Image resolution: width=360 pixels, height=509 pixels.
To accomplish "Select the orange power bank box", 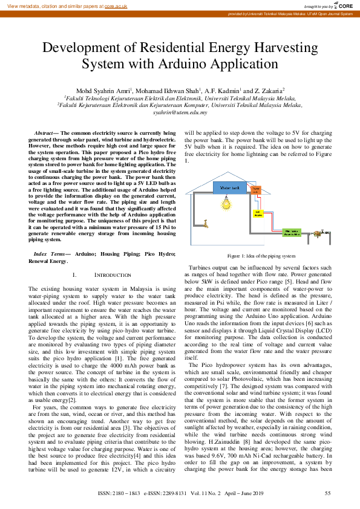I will tap(256, 190).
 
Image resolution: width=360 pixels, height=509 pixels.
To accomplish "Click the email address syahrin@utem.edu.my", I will tap(180, 112).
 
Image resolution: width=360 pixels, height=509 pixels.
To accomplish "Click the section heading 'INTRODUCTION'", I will tap(113, 275).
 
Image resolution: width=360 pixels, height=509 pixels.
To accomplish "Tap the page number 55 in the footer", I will tap(327, 494).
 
